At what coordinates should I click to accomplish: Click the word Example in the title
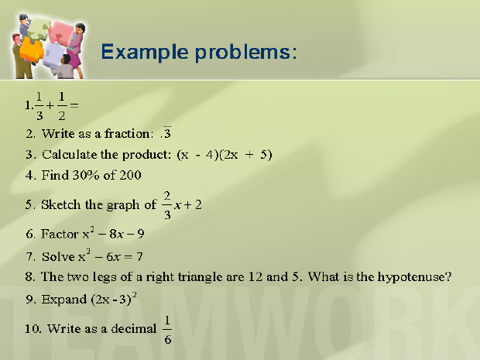coord(145,52)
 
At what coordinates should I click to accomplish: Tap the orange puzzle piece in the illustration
coord(32,49)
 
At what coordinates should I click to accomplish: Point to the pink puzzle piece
coord(62,33)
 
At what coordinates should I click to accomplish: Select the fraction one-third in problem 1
coord(39,106)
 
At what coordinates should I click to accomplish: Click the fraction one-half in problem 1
coord(61,106)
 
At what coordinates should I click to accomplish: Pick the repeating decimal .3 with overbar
coord(166,132)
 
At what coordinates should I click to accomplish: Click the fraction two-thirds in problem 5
coord(166,205)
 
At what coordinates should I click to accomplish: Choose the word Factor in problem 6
coord(60,234)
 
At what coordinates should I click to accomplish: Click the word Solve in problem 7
coord(58,256)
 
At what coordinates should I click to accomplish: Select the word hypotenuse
coord(414,277)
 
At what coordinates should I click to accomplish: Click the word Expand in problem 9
coord(64,300)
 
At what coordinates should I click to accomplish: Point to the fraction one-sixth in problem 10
coord(167,330)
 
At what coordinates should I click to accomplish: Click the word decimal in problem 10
coord(133,328)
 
